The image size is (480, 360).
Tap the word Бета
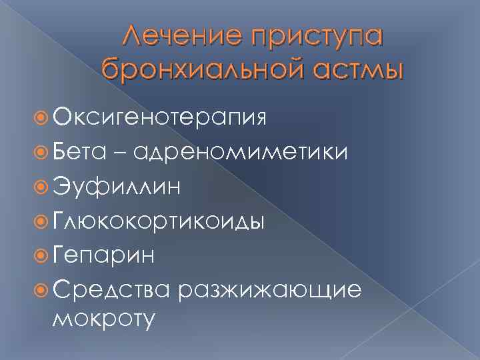point(78,153)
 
